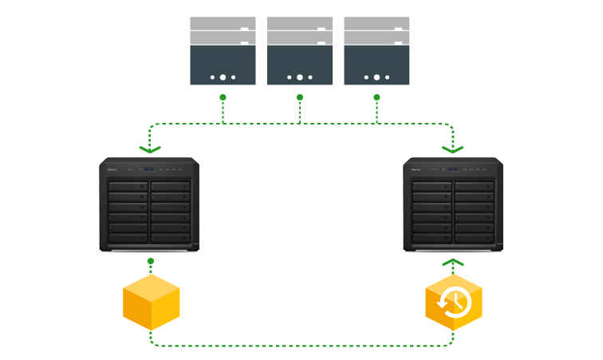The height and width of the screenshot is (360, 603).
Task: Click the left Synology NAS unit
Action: pos(149,205)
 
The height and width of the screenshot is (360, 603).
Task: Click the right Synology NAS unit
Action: pos(453,205)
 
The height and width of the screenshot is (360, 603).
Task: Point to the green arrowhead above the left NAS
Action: pos(150,148)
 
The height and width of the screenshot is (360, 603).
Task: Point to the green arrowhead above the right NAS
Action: pos(452,148)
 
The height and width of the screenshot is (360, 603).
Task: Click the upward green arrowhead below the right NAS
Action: pos(453,262)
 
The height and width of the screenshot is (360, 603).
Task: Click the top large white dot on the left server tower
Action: pos(223,77)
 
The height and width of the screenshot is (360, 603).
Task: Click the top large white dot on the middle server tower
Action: pos(300,77)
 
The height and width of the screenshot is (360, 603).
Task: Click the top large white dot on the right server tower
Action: pos(376,77)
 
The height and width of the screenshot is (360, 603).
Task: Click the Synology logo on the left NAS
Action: pos(112,169)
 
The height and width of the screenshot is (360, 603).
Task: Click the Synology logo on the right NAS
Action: pos(416,169)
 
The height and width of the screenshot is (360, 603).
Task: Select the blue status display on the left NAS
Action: pos(148,169)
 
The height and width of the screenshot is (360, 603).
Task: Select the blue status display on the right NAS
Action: pos(452,169)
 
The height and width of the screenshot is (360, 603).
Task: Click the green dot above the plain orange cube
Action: pos(151,261)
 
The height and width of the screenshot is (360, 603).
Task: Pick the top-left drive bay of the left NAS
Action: pos(128,187)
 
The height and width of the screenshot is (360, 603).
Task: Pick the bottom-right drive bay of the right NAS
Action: pos(474,238)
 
